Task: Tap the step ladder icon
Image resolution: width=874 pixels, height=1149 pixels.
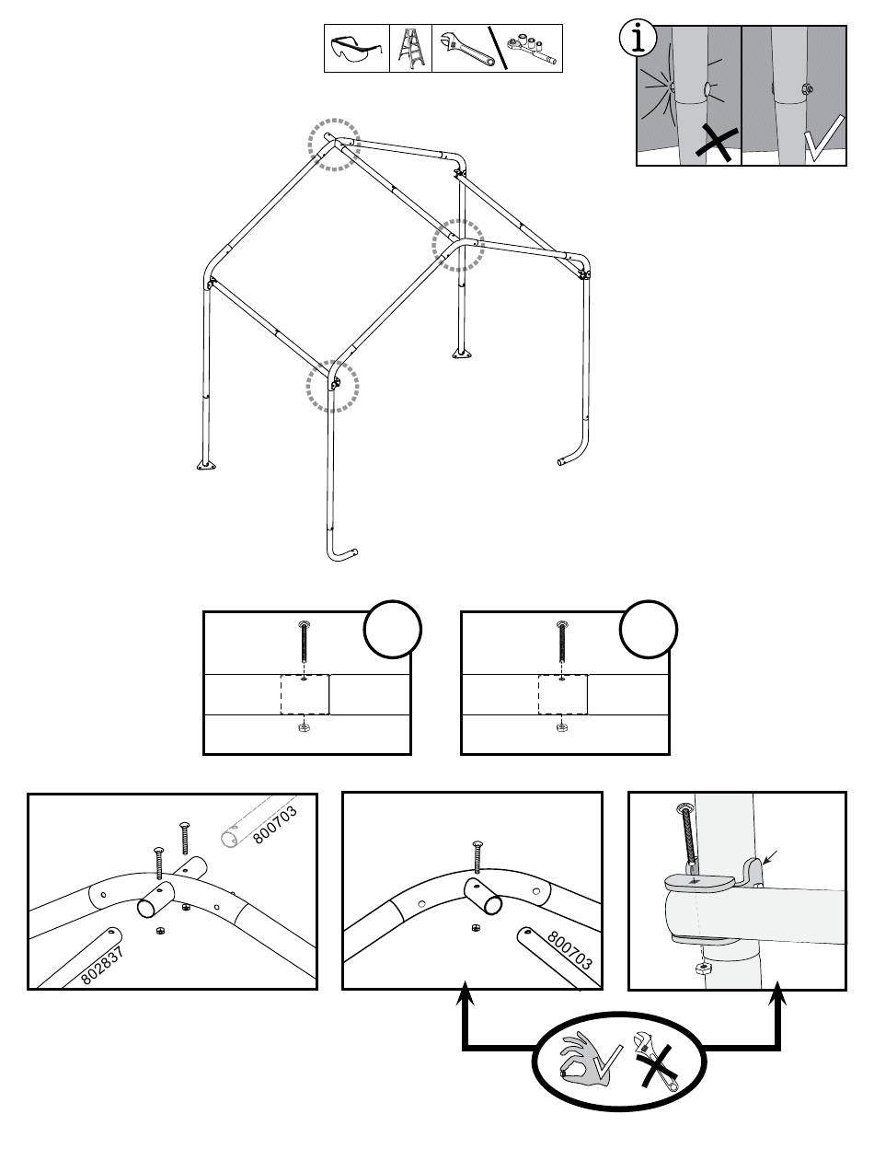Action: point(410,49)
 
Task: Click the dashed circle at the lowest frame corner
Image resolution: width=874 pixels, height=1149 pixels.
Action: point(332,386)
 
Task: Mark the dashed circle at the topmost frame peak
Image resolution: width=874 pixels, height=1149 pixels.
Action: point(333,145)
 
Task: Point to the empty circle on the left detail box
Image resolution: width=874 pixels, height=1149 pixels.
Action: point(393,630)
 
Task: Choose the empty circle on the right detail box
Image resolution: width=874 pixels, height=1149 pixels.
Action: point(649,630)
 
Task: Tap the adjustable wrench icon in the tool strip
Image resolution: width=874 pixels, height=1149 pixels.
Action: point(466,49)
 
